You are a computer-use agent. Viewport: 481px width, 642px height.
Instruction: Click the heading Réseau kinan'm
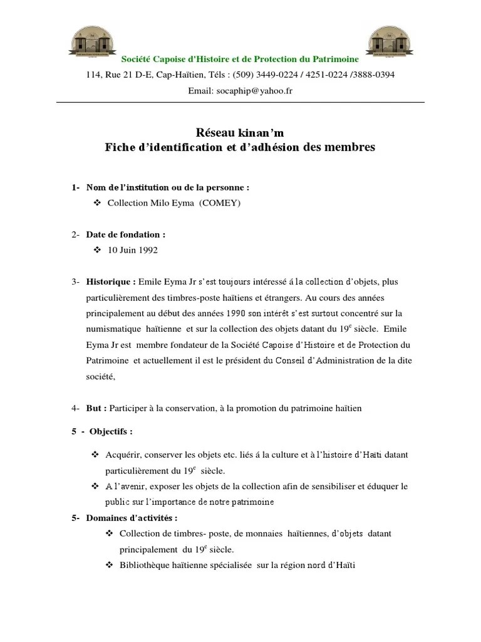240,132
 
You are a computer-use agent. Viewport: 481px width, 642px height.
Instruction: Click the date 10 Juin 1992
133,250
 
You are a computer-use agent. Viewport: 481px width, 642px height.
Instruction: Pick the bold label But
96,408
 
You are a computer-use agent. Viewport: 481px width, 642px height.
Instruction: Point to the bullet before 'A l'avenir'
96,487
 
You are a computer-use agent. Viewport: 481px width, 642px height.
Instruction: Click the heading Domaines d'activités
132,518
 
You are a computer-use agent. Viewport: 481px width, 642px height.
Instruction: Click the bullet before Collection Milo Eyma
96,203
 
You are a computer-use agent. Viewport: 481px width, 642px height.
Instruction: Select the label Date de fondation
126,234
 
